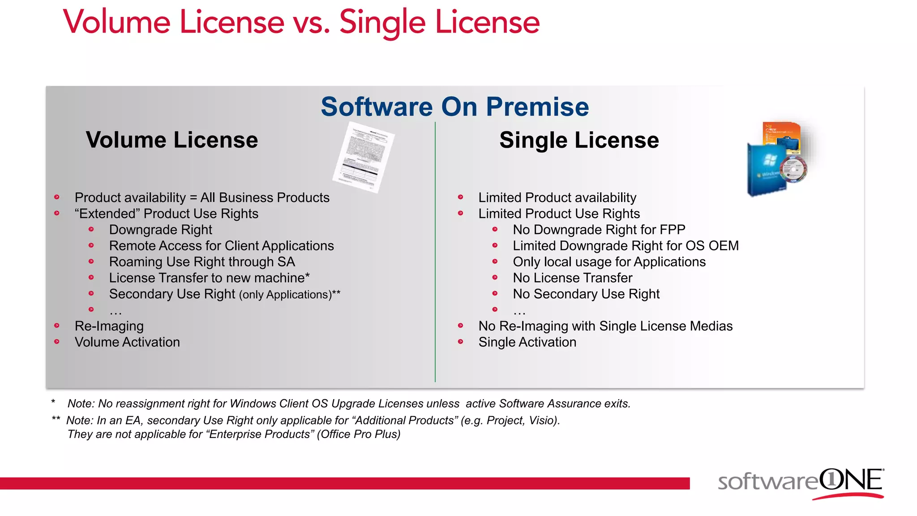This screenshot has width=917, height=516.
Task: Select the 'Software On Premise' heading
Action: (x=454, y=107)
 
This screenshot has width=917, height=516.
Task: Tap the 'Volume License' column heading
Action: (x=172, y=140)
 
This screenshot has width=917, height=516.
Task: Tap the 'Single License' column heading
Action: (x=579, y=140)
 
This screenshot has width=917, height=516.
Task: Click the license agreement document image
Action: (x=363, y=157)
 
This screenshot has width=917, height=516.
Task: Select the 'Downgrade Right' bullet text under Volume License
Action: (x=160, y=230)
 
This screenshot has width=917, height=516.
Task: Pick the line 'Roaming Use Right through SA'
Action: (x=202, y=262)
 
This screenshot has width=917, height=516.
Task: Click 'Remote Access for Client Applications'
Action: (x=221, y=246)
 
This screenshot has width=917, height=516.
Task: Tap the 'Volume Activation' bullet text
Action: (x=127, y=342)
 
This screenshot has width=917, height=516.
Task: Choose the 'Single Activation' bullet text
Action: (x=527, y=342)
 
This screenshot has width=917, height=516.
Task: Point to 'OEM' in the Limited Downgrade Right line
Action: (x=724, y=246)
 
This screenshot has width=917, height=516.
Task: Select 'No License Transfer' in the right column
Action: (x=572, y=278)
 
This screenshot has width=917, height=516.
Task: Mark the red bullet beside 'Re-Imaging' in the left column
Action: (x=57, y=326)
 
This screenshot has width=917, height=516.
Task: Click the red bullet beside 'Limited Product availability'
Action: (x=460, y=197)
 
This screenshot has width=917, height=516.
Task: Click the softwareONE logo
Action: (x=801, y=483)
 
